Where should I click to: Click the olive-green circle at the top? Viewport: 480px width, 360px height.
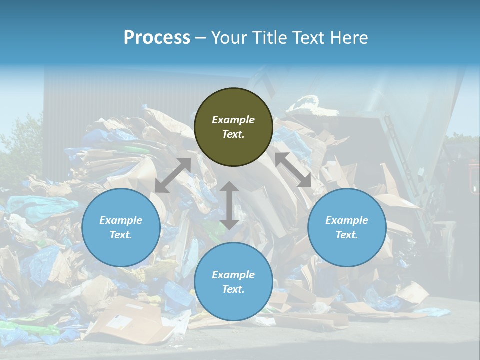click(233, 127)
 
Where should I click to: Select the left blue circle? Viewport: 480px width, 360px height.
click(121, 228)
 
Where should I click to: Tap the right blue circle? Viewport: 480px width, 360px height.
click(347, 228)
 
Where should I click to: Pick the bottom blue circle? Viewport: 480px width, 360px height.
click(233, 282)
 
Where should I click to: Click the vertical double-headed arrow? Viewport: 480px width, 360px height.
click(229, 205)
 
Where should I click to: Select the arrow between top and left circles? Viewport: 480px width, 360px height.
click(173, 175)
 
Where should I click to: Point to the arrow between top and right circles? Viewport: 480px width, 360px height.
click(293, 170)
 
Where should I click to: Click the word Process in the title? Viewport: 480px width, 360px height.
click(157, 38)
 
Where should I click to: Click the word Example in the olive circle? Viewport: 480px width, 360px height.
click(233, 120)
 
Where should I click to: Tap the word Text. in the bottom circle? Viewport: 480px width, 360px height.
click(233, 290)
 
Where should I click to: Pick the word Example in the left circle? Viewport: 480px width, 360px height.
click(121, 220)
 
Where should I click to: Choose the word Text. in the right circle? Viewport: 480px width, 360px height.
click(347, 235)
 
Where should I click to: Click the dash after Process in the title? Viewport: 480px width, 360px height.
click(201, 38)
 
